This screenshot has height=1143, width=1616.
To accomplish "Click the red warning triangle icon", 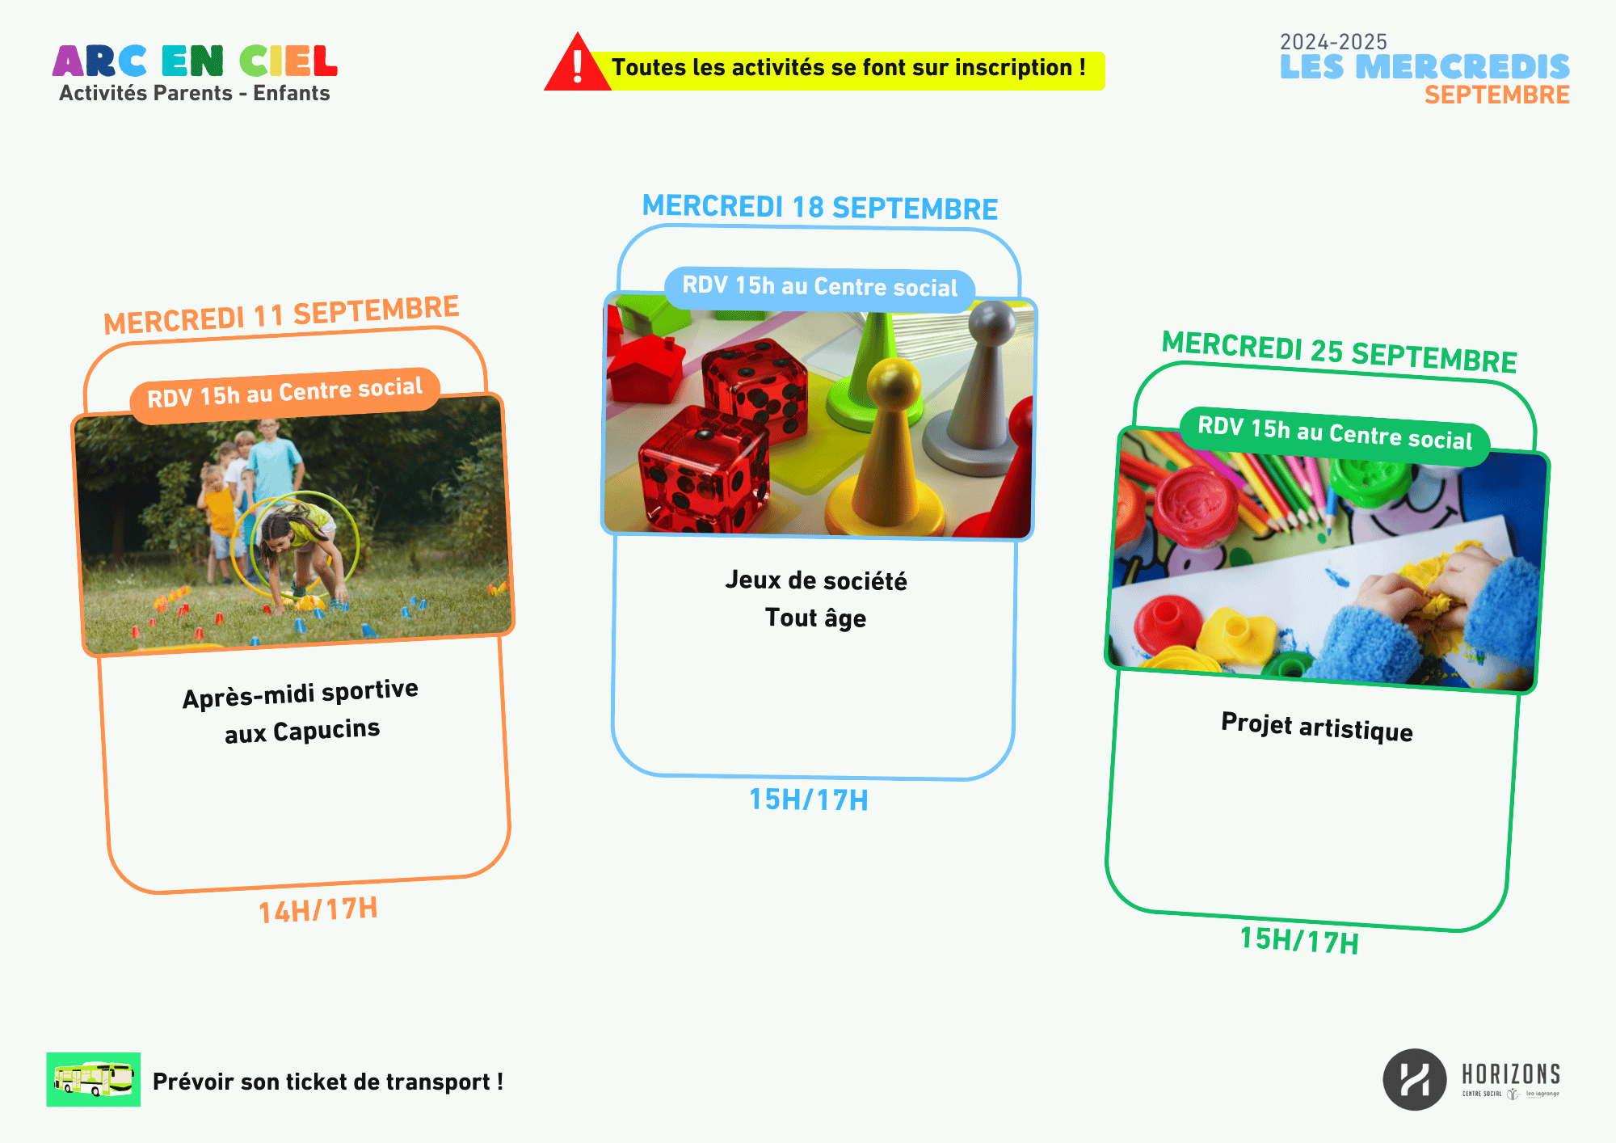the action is click(x=577, y=64).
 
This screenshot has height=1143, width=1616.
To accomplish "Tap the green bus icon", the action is click(x=94, y=1079).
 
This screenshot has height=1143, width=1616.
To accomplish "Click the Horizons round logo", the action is click(x=1414, y=1079).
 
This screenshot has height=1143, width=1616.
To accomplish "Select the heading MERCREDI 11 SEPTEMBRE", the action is click(x=281, y=314).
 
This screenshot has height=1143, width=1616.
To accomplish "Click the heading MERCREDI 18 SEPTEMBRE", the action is click(x=819, y=207).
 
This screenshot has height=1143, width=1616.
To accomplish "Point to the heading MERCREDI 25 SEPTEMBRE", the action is click(x=1339, y=352).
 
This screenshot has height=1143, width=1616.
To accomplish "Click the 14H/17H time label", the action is click(x=318, y=910).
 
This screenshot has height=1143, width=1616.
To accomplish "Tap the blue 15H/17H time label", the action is click(x=809, y=799).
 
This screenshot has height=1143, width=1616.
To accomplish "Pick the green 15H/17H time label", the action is click(x=1299, y=940).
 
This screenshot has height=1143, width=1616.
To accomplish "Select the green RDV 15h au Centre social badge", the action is click(x=1335, y=435).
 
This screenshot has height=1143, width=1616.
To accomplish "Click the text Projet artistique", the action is click(x=1317, y=727).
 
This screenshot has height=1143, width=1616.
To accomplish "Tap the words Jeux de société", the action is click(x=816, y=580).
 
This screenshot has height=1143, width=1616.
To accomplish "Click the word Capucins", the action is click(x=326, y=730).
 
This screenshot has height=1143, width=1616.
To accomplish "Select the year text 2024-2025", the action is click(x=1333, y=41).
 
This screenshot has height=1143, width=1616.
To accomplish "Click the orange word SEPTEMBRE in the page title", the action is click(x=1496, y=95).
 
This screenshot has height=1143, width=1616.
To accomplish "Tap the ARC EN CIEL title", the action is click(x=195, y=61).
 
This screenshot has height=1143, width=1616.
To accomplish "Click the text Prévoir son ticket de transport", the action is click(x=328, y=1082).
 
